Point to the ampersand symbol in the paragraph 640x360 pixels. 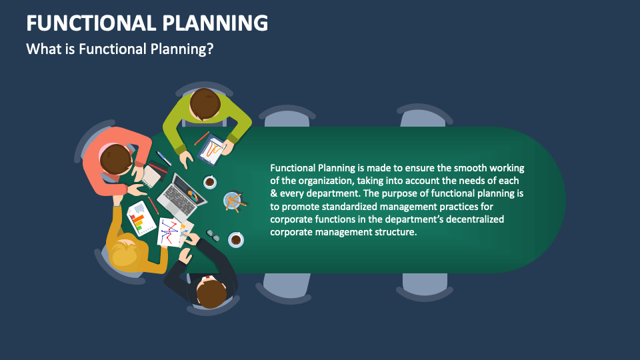point(273,193)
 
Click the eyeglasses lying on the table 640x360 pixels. point(213,235)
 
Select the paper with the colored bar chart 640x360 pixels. point(141,218)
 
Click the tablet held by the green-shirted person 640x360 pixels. point(212,149)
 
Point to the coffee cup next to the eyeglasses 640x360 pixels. point(235,239)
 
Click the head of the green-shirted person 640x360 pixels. point(205,105)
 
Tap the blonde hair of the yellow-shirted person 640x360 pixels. point(125,254)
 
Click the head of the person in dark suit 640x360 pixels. point(212,293)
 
